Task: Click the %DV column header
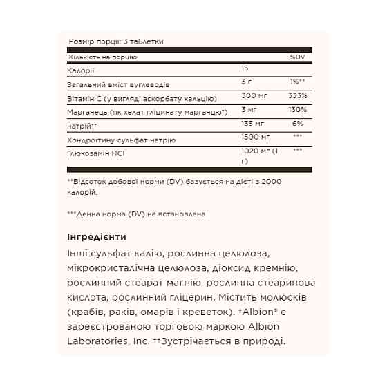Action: pyautogui.click(x=297, y=57)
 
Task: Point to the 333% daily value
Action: pyautogui.click(x=298, y=97)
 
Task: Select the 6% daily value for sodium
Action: pyautogui.click(x=299, y=124)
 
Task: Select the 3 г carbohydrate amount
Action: pyautogui.click(x=246, y=84)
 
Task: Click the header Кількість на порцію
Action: pyautogui.click(x=102, y=57)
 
